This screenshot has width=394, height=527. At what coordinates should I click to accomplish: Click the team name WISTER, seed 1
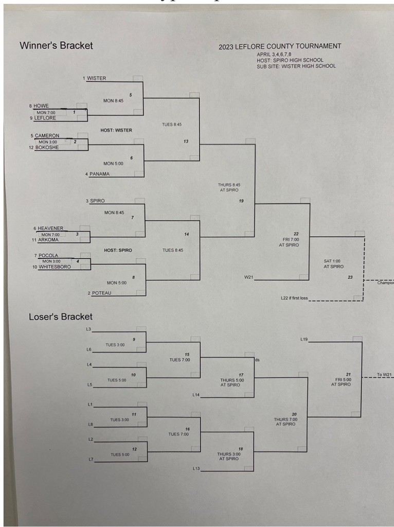[97, 78]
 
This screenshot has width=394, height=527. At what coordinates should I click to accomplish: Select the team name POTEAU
[100, 293]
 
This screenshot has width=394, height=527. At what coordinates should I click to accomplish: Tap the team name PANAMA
[99, 174]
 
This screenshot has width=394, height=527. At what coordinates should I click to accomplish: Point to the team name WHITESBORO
[55, 267]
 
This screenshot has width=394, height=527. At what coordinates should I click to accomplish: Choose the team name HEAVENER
[50, 228]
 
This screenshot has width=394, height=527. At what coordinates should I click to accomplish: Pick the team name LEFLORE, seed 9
[46, 118]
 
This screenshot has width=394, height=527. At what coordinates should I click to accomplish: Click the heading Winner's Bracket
[56, 45]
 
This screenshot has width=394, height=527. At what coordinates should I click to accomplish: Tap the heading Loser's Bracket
[61, 317]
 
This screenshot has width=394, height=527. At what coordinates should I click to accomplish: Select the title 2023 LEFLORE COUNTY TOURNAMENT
[279, 46]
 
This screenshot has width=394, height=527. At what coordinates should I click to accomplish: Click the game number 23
[350, 278]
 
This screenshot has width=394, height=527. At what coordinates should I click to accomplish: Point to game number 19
[241, 201]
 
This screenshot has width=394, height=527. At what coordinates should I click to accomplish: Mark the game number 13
[186, 141]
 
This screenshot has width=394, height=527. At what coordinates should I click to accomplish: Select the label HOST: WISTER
[116, 130]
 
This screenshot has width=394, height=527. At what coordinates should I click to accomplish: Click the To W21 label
[384, 375]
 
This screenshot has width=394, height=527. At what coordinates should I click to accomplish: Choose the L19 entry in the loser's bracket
[304, 339]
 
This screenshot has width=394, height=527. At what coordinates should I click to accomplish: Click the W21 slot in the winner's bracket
[249, 278]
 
